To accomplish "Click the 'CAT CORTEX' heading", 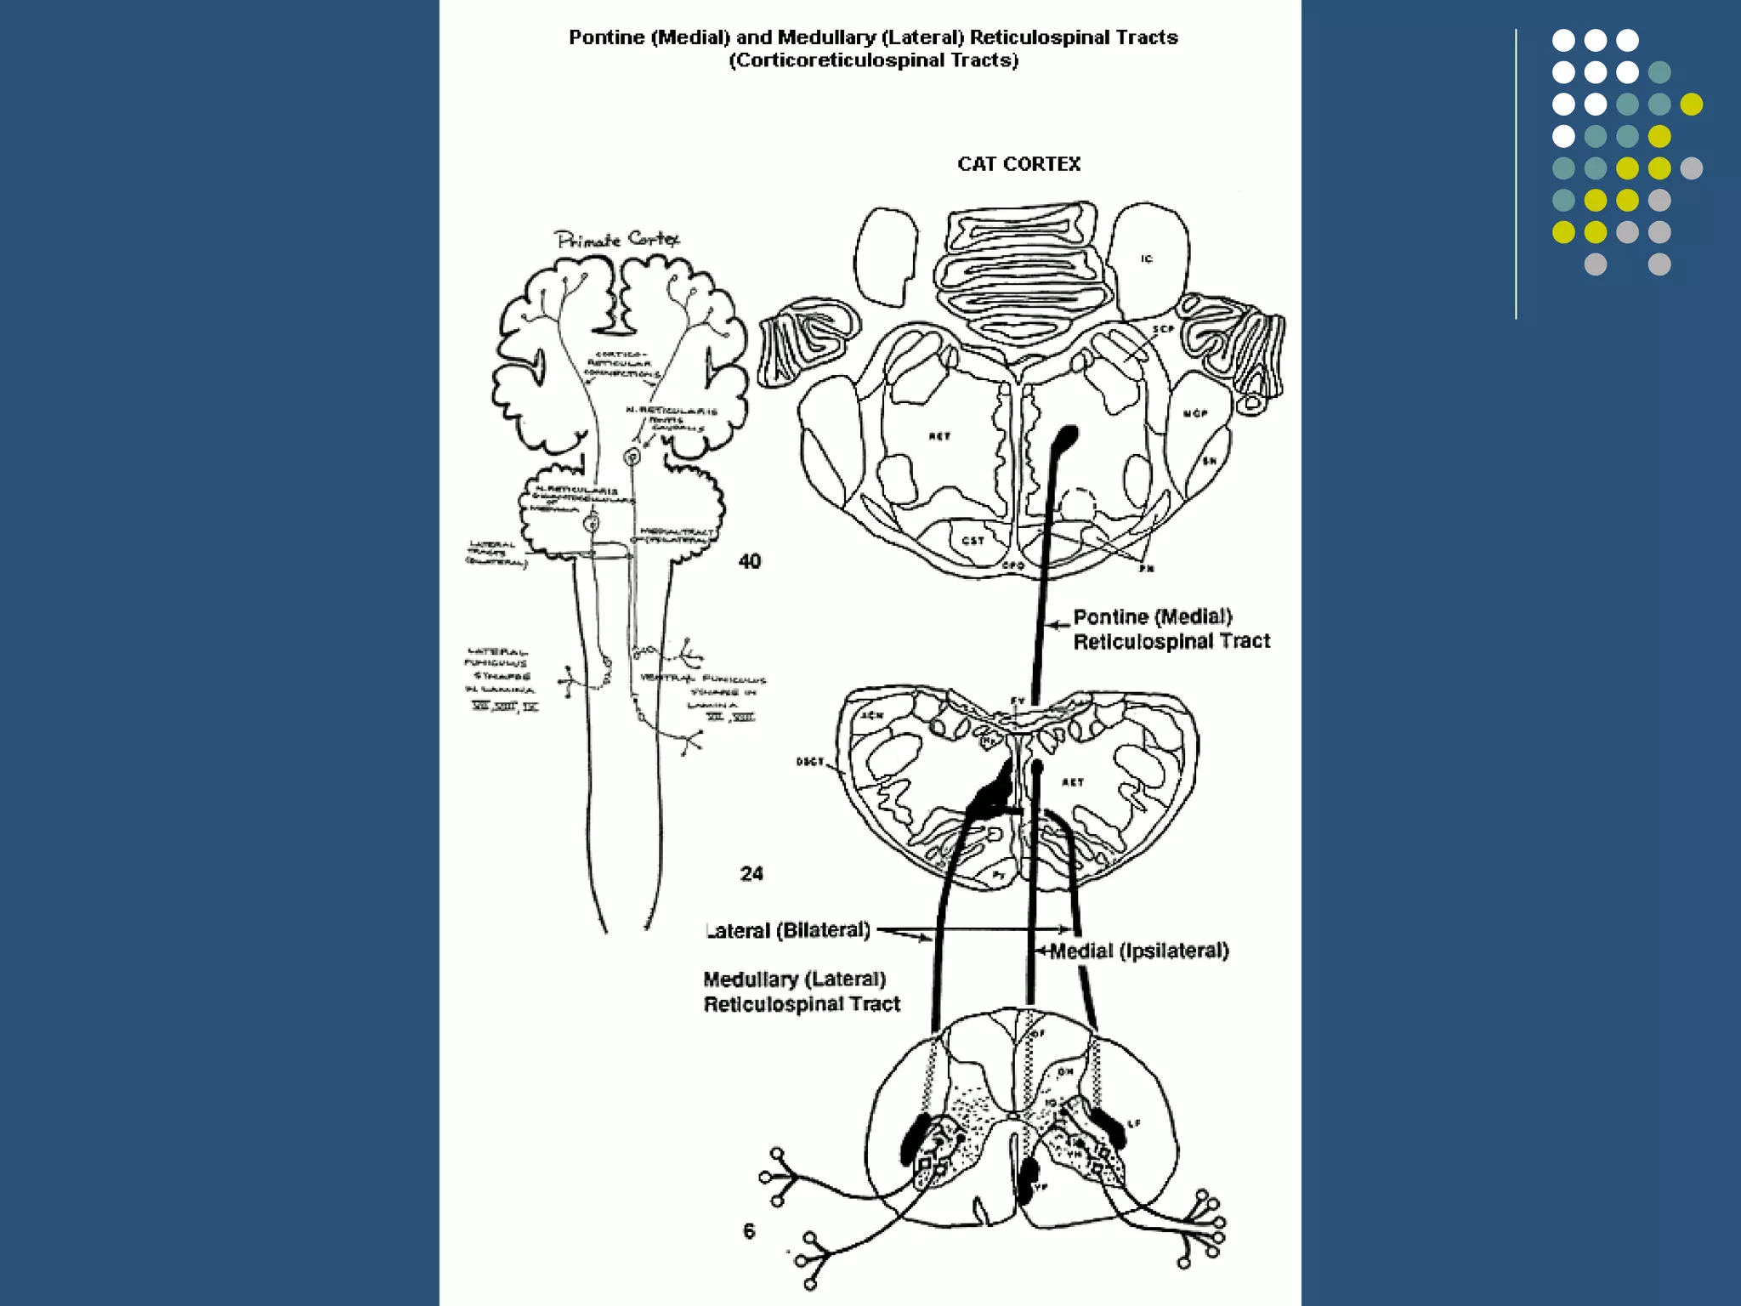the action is [x=1018, y=164].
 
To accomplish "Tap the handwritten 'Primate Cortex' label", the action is [x=617, y=240].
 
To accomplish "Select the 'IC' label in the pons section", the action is [x=1147, y=258].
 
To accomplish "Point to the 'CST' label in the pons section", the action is [x=973, y=540].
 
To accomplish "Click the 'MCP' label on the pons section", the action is [x=1195, y=414].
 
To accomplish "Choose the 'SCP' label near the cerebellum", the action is [x=1163, y=329].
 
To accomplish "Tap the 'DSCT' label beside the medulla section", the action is [x=810, y=762].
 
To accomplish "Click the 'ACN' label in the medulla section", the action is [x=871, y=716].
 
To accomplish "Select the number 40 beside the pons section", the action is [x=750, y=561].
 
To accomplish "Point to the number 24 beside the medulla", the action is [x=751, y=874].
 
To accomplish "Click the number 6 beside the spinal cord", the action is [x=749, y=1231].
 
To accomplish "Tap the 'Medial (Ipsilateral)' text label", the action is [x=1139, y=951].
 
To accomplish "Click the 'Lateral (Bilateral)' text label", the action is [x=789, y=930].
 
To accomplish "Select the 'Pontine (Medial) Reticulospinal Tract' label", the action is [x=1171, y=629].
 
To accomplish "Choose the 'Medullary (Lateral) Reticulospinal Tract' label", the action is [x=801, y=992].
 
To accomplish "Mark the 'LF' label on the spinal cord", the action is [x=1134, y=1124].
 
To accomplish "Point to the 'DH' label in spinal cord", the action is [x=1065, y=1072].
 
